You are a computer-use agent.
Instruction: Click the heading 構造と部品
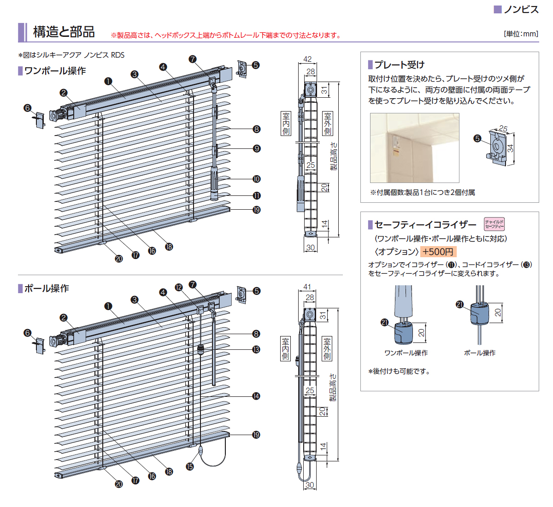pyautogui.click(x=64, y=32)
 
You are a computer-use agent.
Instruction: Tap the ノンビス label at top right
pyautogui.click(x=521, y=10)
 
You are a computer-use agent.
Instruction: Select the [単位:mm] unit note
pyautogui.click(x=521, y=34)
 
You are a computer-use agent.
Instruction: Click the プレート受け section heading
pyautogui.click(x=399, y=65)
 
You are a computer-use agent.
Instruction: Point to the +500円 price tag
pyautogui.click(x=438, y=252)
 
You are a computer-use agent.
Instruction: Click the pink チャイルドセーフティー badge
pyautogui.click(x=494, y=224)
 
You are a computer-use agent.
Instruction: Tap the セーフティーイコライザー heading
pyautogui.click(x=425, y=225)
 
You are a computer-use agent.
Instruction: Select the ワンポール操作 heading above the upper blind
pyautogui.click(x=55, y=71)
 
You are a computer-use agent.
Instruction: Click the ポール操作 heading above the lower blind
pyautogui.click(x=47, y=288)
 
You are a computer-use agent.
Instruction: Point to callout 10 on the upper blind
pyautogui.click(x=257, y=179)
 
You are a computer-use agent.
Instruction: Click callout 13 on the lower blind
pyautogui.click(x=256, y=349)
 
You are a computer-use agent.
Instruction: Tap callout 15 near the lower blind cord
pyautogui.click(x=190, y=466)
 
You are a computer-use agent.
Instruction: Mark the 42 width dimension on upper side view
pyautogui.click(x=307, y=59)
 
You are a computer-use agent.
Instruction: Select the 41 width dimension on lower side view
pyautogui.click(x=307, y=287)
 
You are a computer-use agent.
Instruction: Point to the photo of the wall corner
pyautogui.click(x=415, y=148)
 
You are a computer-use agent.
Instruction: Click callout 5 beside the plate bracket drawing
pyautogui.click(x=477, y=138)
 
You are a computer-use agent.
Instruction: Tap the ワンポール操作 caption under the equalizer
pyautogui.click(x=406, y=353)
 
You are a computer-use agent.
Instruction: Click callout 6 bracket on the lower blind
pyautogui.click(x=28, y=333)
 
